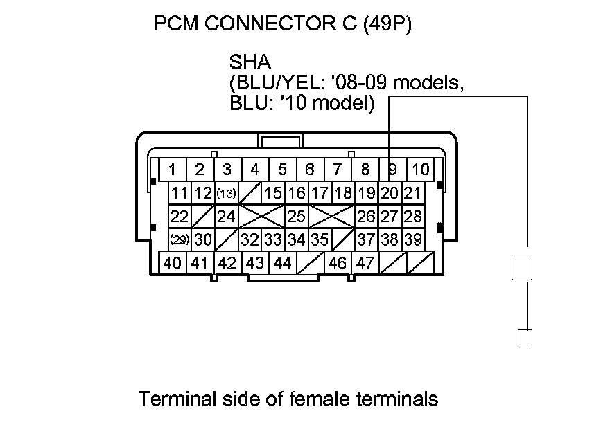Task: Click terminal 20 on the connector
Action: click(x=390, y=193)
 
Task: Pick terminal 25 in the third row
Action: click(x=296, y=217)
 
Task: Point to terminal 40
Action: click(x=173, y=264)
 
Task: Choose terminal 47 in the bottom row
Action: click(x=365, y=264)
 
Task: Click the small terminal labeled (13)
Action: click(x=226, y=193)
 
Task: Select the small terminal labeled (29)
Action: click(x=180, y=239)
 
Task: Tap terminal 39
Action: click(x=413, y=239)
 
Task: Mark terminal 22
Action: click(x=180, y=217)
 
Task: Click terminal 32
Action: click(x=250, y=239)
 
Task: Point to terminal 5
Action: click(x=282, y=170)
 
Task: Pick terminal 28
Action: click(x=413, y=217)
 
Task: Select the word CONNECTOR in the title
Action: click(x=255, y=25)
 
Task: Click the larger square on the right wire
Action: click(x=521, y=267)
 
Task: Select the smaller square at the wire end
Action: click(x=525, y=338)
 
